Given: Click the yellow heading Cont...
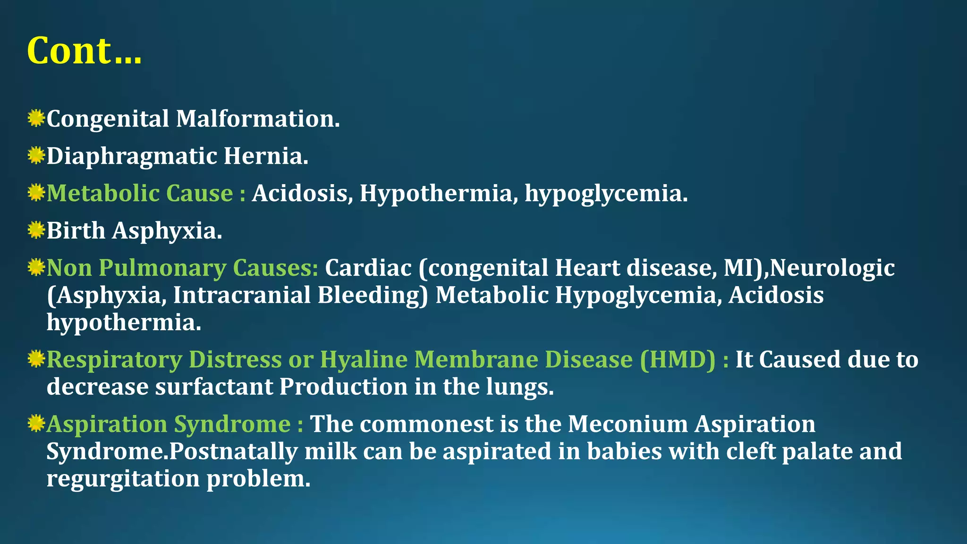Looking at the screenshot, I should (84, 51).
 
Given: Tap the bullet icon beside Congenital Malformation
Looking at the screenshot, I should (36, 118).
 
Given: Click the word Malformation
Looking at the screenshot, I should (257, 119).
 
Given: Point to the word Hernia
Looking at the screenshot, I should (265, 156).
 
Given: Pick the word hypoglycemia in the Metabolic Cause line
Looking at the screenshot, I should (606, 194).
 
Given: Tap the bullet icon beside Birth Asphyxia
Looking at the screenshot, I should (36, 230).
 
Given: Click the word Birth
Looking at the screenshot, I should (76, 230).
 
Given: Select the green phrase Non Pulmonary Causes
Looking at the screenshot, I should (182, 268).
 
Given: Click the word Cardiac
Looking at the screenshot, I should (368, 268).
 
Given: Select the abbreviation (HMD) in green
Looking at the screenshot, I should (678, 359).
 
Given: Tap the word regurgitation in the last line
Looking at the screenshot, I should (123, 479).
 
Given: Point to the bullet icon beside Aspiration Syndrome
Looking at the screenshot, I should (36, 424).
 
